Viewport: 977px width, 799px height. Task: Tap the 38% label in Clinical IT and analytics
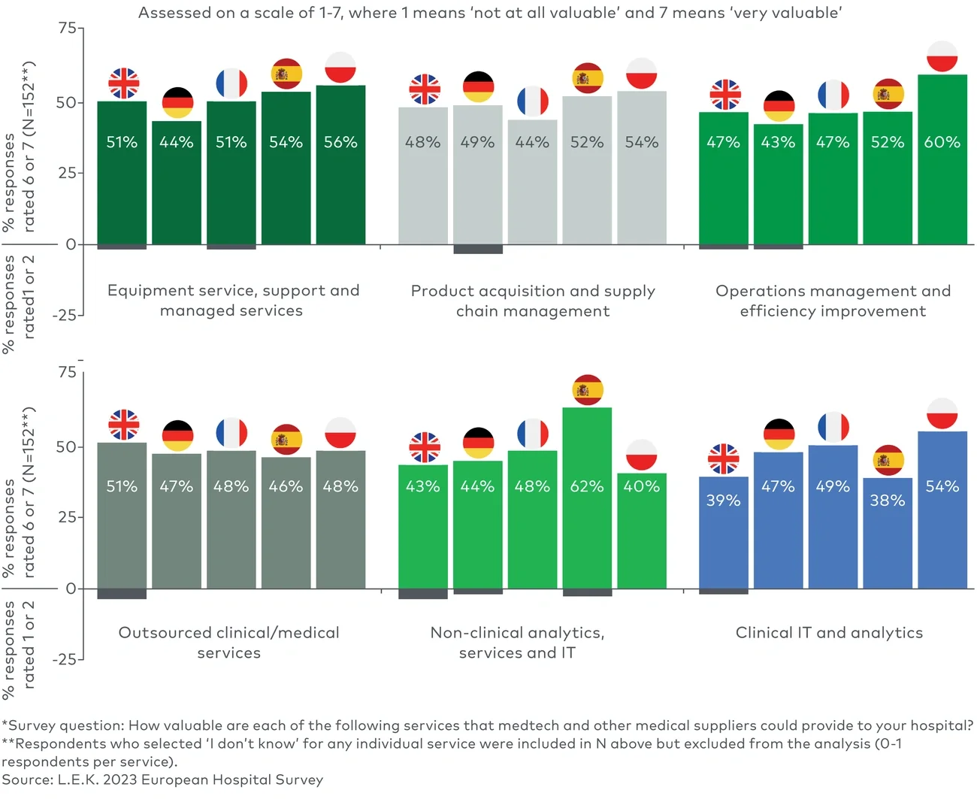pos(888,501)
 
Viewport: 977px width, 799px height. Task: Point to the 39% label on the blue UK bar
pos(723,501)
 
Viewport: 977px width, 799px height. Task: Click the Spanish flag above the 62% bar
pos(587,389)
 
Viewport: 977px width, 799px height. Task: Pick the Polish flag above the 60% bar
pos(942,57)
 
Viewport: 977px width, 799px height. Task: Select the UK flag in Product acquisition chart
pos(424,89)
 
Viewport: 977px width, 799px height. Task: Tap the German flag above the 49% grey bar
pos(478,87)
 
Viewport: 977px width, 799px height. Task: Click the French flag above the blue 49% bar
pos(833,428)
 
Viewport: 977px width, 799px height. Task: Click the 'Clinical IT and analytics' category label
pos(829,633)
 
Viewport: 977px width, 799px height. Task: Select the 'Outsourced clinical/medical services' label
pos(229,643)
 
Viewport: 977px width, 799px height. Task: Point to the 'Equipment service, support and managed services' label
pos(232,301)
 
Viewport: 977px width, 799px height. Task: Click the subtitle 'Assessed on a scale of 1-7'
pos(489,13)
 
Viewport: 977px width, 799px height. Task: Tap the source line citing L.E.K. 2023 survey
pos(162,780)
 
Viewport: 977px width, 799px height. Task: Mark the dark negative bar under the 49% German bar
pos(478,249)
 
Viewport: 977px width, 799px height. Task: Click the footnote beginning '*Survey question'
pos(487,726)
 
